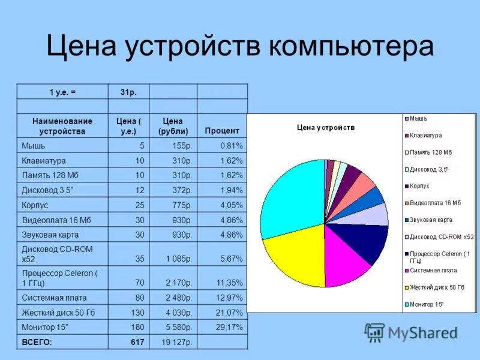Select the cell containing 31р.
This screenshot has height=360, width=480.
(x=128, y=92)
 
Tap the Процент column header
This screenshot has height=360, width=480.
(x=221, y=130)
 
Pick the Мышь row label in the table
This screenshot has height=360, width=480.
(x=34, y=145)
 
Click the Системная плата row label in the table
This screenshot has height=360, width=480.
(x=55, y=297)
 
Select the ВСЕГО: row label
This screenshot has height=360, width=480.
(x=37, y=342)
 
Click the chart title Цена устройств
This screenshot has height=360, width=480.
(x=326, y=127)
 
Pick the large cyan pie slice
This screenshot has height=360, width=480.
(x=291, y=195)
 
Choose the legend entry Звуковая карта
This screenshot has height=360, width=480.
(x=431, y=220)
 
